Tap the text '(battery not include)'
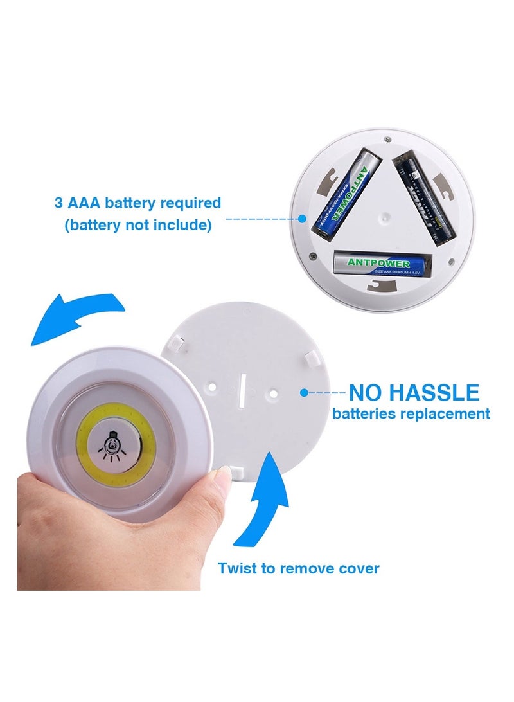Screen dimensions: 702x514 (137, 225)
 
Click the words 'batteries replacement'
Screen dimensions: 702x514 (411, 413)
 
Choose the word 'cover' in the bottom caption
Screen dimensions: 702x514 (359, 568)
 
